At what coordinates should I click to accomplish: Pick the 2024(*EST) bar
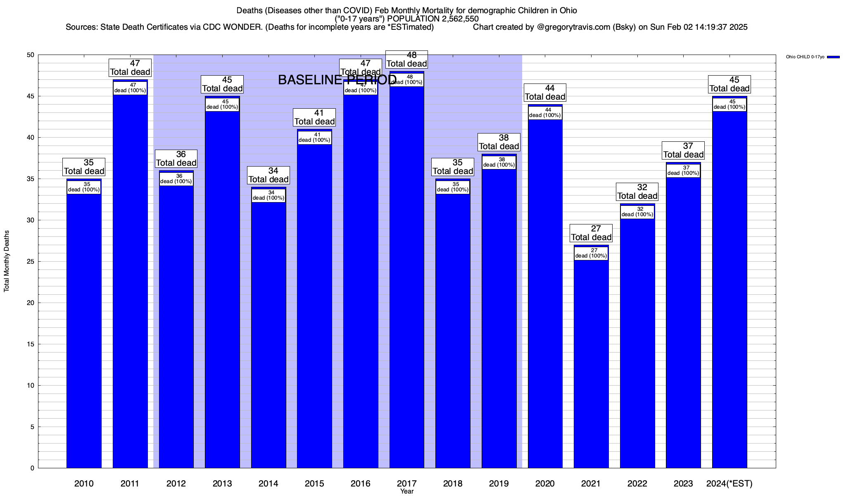point(730,289)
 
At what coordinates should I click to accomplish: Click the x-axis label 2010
point(84,484)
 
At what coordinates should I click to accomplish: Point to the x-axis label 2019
point(499,484)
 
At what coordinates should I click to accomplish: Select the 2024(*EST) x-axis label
point(730,484)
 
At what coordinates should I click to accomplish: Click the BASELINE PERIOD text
point(337,80)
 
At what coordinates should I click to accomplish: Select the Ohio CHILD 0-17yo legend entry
point(805,57)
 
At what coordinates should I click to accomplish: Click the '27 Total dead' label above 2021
point(591,233)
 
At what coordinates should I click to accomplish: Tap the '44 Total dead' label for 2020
point(545,93)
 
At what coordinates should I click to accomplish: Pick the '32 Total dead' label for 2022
point(637,192)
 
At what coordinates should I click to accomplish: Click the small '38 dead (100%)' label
point(499,162)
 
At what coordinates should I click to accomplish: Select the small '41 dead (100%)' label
point(314,138)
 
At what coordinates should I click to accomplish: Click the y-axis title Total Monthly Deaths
point(7,261)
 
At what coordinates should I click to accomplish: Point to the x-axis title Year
point(407,491)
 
